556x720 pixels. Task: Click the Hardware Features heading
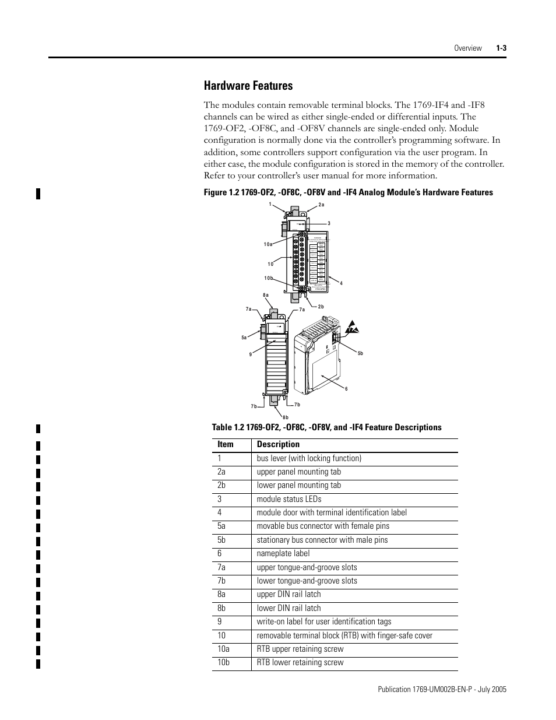pos(248,86)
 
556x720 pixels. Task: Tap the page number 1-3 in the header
pos(501,48)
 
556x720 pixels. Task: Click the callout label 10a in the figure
pos(268,245)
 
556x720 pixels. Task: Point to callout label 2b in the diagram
pos(321,307)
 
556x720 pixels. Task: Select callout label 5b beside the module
pos(360,353)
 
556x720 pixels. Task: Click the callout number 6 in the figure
pos(346,389)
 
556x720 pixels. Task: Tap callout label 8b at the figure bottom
pos(286,417)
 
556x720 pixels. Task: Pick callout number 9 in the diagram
pos(250,354)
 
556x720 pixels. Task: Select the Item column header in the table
pos(226,444)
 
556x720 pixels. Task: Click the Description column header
pos(278,444)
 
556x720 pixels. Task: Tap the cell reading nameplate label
pos(283,553)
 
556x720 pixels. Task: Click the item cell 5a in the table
pos(221,526)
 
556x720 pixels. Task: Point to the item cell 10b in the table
pos(224,662)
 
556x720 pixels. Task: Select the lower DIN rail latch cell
pos(288,608)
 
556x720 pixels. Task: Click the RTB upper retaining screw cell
pos(300,649)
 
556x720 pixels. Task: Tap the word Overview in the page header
pos(468,48)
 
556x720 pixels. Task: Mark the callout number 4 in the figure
pos(341,284)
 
